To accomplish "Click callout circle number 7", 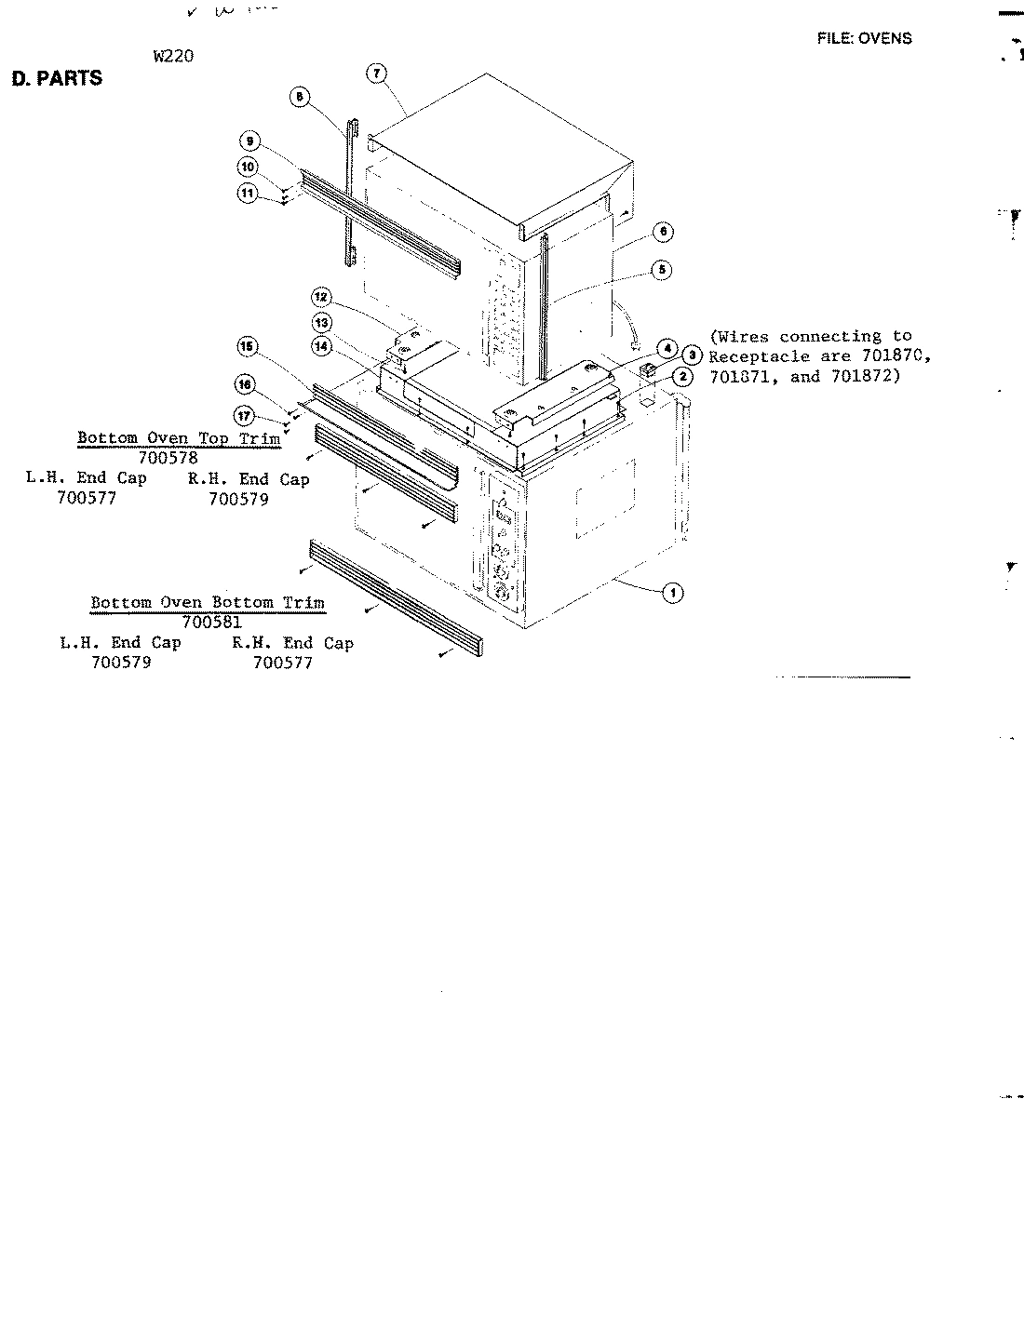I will coord(376,74).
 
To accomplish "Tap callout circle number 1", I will coord(672,592).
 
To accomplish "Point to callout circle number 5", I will coord(662,270).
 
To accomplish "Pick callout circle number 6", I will coord(662,232).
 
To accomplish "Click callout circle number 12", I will coord(320,298).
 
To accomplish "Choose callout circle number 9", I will coord(249,141).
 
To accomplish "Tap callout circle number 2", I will coord(682,377).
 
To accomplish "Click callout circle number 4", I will coord(666,349).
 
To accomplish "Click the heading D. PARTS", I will coord(56,78).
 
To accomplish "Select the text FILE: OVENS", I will coord(864,38).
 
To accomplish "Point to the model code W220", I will coord(173,55).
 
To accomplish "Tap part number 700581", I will coord(212,622).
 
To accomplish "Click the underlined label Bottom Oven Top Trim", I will coord(179,437).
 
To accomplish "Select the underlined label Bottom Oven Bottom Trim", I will coord(208,602).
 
